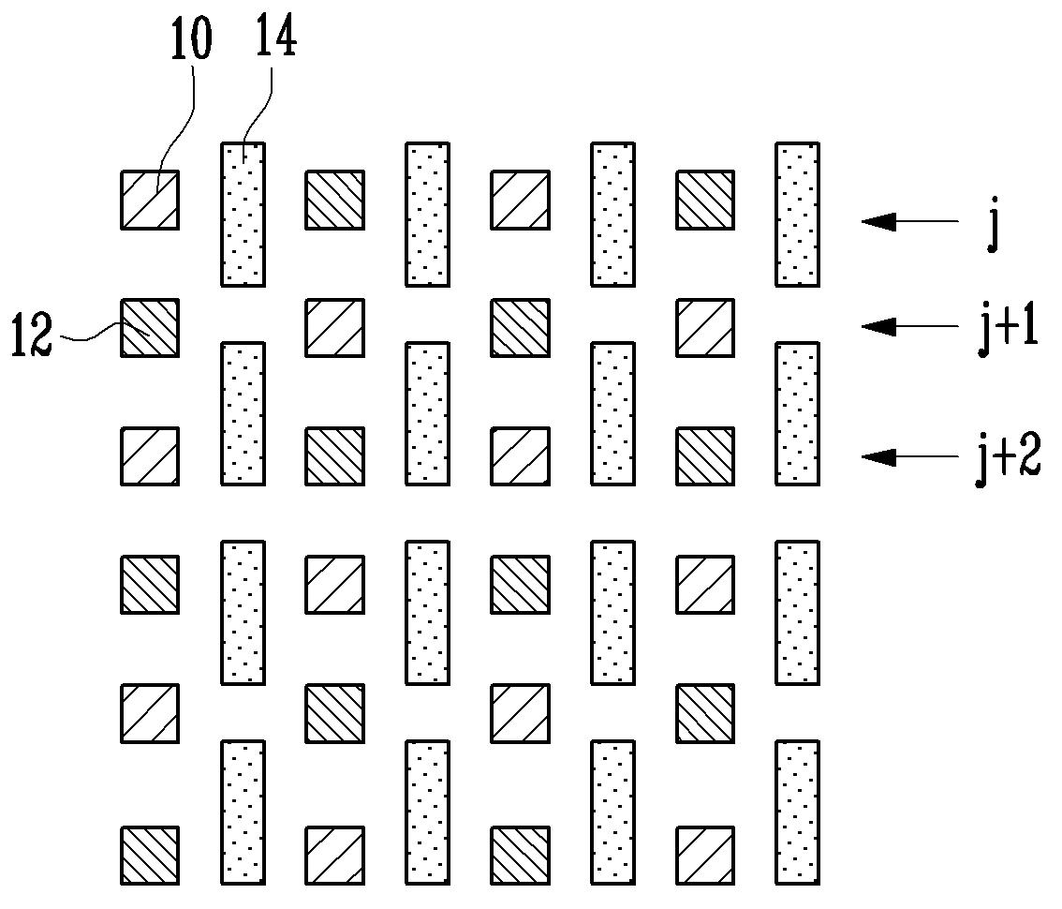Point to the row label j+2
pos(1007,460)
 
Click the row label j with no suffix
pos(993,231)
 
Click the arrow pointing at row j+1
pos(909,326)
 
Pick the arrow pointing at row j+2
pos(909,456)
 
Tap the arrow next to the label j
pos(909,221)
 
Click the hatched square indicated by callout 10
pos(150,200)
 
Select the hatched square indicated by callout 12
pos(150,327)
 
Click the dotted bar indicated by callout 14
pos(243,214)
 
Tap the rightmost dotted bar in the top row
pos(798,214)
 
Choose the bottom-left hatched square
pos(150,855)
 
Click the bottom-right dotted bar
pos(798,812)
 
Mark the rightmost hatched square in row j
pos(705,200)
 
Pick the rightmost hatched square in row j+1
pos(705,327)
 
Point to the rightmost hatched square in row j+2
pos(705,455)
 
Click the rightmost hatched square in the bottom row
pos(705,855)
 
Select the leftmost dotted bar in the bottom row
pos(243,812)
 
